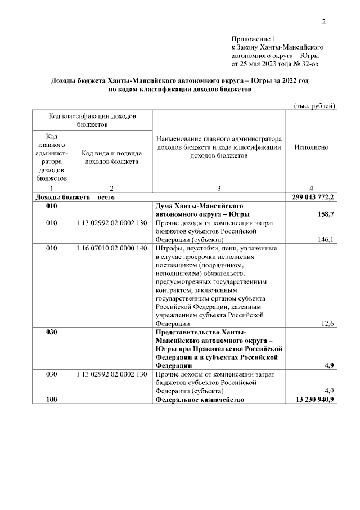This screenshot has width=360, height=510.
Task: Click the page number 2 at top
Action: tap(323, 22)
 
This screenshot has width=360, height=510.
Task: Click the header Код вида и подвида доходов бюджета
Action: tap(111, 156)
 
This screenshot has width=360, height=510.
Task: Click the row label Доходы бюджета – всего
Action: tap(75, 197)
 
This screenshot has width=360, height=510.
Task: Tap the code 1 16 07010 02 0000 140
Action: tap(111, 248)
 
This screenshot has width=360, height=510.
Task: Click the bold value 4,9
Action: tap(330, 365)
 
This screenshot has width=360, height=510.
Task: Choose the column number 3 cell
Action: tap(219, 189)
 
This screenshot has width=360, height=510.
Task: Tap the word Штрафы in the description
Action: tap(169, 248)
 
